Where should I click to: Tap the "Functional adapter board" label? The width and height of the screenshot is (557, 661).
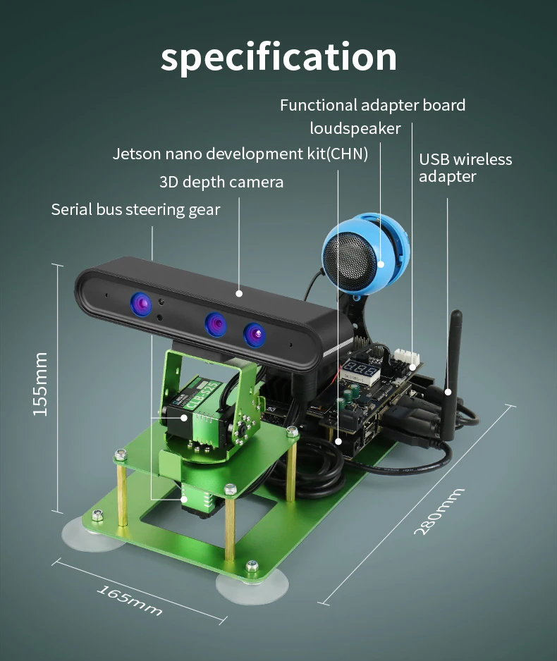(x=372, y=106)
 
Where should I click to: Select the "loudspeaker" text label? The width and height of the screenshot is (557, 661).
(x=355, y=128)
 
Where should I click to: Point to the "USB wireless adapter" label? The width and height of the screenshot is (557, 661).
(x=465, y=168)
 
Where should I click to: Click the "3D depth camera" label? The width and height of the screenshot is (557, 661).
(x=221, y=182)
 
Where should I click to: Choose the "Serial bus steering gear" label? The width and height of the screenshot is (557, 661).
(x=135, y=209)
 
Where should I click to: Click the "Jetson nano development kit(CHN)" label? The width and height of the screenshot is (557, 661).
(x=240, y=154)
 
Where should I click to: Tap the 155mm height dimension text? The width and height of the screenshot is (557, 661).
(x=40, y=384)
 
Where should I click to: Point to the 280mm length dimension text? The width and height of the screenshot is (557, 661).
(x=439, y=511)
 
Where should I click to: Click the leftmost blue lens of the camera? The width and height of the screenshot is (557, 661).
(x=141, y=304)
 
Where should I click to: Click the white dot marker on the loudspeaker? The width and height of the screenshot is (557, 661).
(x=381, y=264)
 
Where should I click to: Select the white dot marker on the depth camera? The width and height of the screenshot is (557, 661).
(x=239, y=293)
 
